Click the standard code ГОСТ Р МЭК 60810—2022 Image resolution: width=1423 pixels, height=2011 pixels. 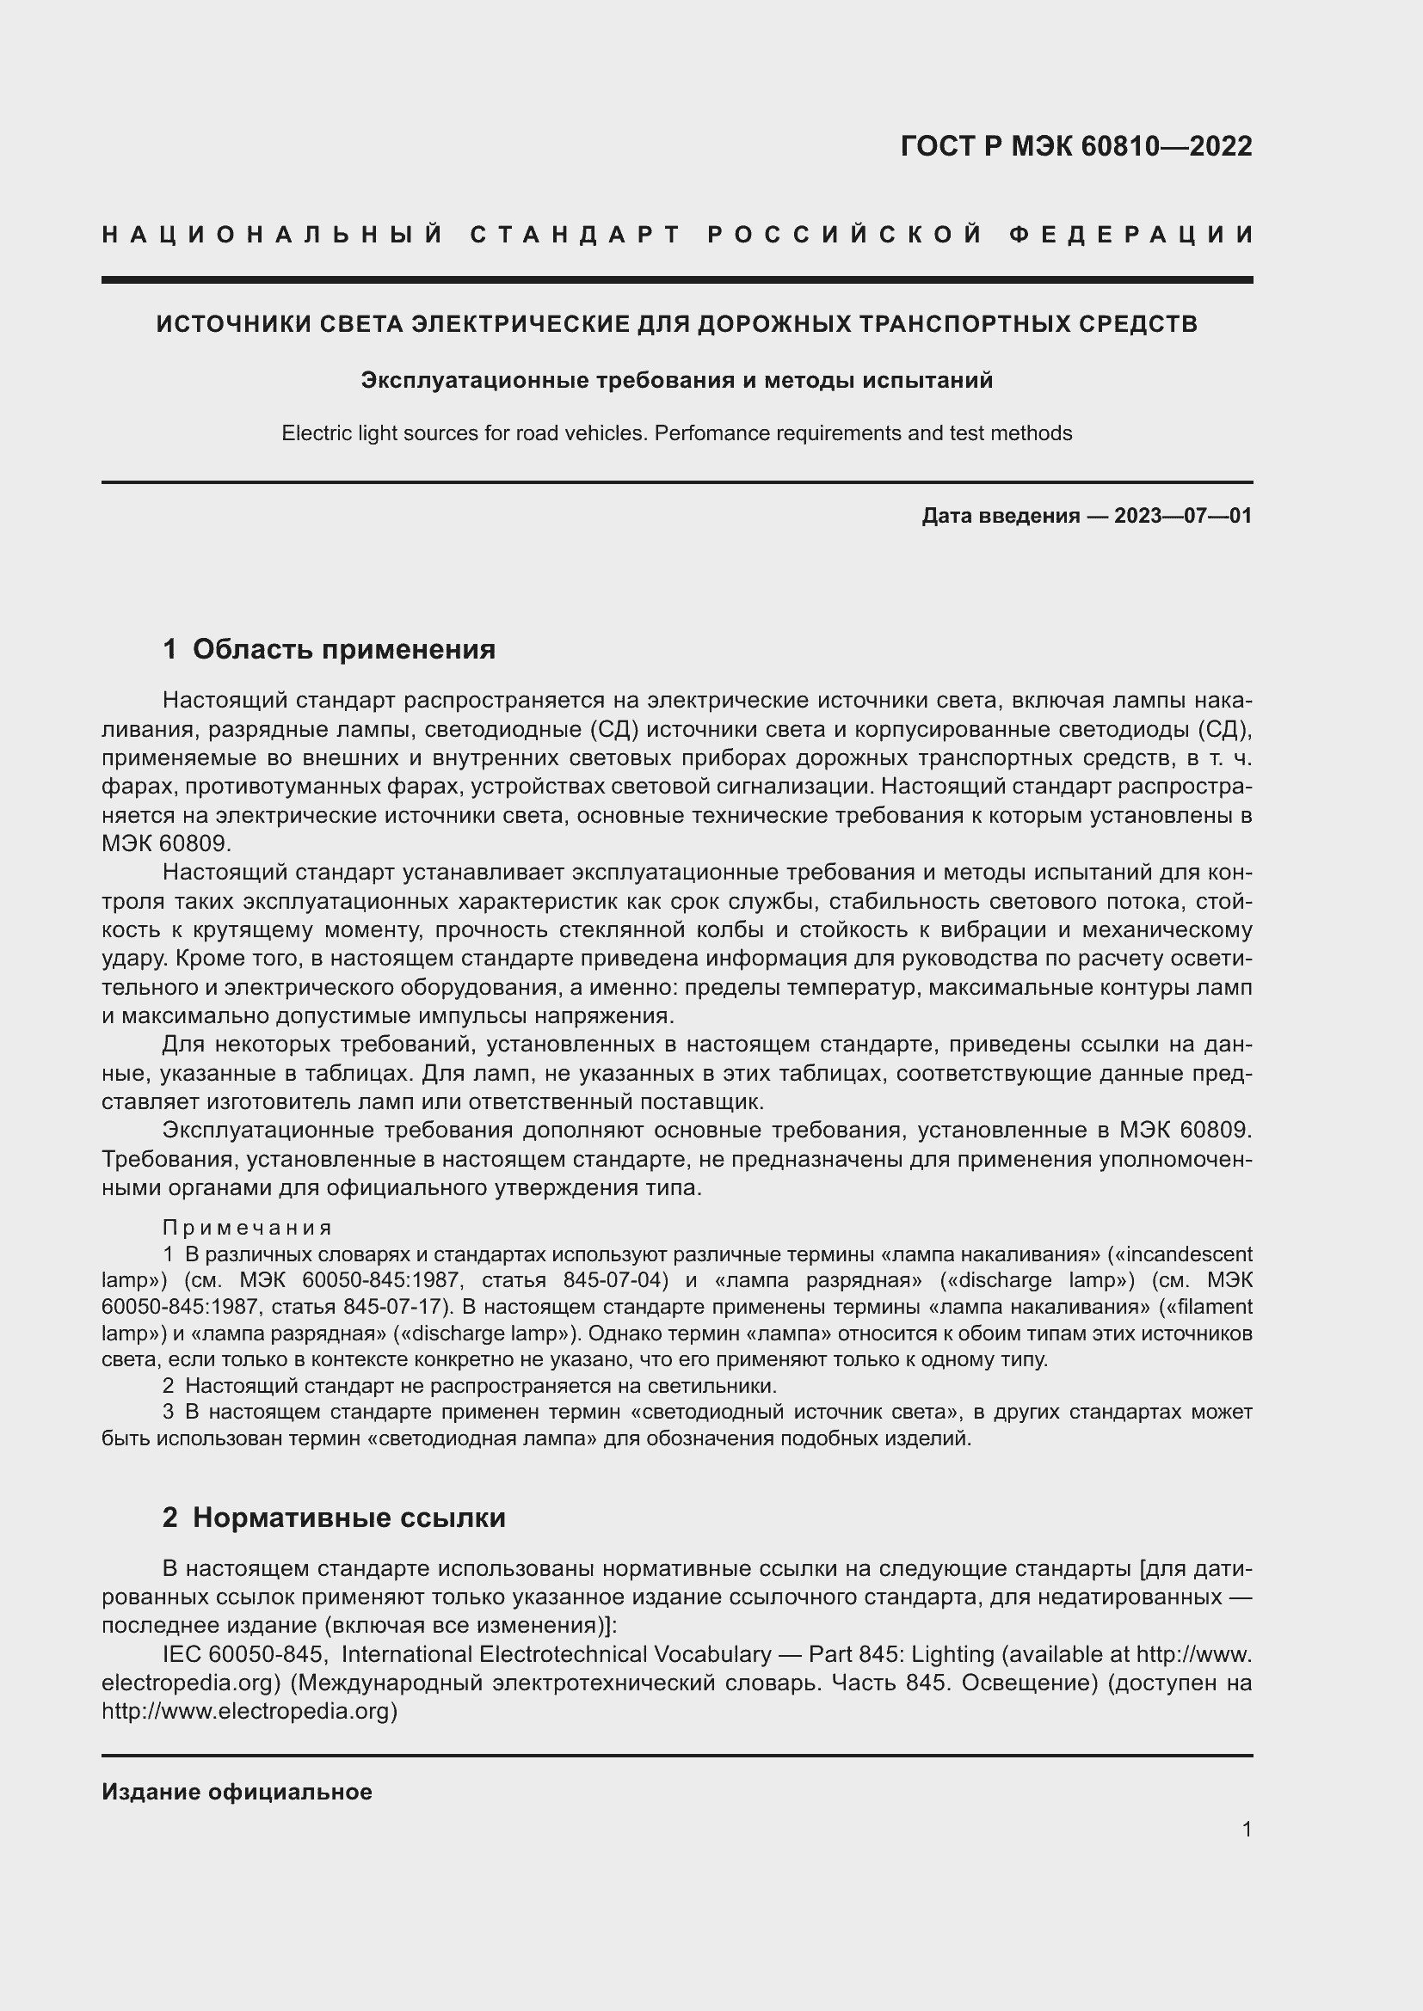[x=1076, y=146]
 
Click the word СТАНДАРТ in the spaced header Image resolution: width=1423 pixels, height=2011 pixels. [x=576, y=235]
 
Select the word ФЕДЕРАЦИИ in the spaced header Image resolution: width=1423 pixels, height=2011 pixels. [x=1130, y=235]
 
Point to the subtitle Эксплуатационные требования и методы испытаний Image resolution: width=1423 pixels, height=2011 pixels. [x=676, y=380]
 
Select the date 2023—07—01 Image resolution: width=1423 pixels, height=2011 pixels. [x=1183, y=516]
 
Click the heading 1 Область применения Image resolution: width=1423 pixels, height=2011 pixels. [x=329, y=649]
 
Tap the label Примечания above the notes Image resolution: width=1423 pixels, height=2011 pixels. [x=248, y=1227]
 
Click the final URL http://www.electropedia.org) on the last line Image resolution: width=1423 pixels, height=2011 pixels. [x=249, y=1711]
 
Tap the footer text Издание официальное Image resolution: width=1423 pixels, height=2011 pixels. [x=237, y=1792]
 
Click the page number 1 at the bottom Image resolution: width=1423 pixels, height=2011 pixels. [x=1246, y=1829]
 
